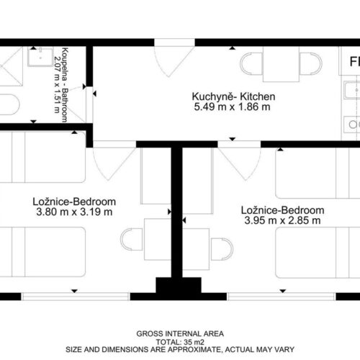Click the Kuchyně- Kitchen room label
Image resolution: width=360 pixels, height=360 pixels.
233,96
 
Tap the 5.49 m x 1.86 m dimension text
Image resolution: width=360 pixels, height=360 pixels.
232,107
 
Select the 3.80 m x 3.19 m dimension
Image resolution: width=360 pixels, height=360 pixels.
74,212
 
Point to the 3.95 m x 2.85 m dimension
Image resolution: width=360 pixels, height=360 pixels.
282,220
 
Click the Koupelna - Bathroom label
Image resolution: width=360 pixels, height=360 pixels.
65,85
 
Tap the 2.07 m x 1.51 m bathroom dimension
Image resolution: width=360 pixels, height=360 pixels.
57,84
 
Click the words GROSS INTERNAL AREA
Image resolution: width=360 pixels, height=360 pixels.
180,333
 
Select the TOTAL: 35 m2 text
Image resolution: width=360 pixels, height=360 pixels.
180,342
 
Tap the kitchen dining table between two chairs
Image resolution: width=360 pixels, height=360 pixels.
281,64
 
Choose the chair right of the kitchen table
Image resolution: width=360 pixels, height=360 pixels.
311,64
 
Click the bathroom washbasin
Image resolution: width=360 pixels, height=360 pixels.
40,57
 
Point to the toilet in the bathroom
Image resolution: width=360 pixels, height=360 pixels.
9,104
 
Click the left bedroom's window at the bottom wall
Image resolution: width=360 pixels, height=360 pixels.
76,297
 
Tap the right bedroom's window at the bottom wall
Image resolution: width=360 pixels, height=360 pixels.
282,297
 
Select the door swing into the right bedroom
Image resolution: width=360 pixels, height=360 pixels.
239,163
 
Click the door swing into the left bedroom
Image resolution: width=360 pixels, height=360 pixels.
114,163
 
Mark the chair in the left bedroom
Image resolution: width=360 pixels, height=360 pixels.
132,240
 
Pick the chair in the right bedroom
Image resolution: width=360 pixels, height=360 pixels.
222,249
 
